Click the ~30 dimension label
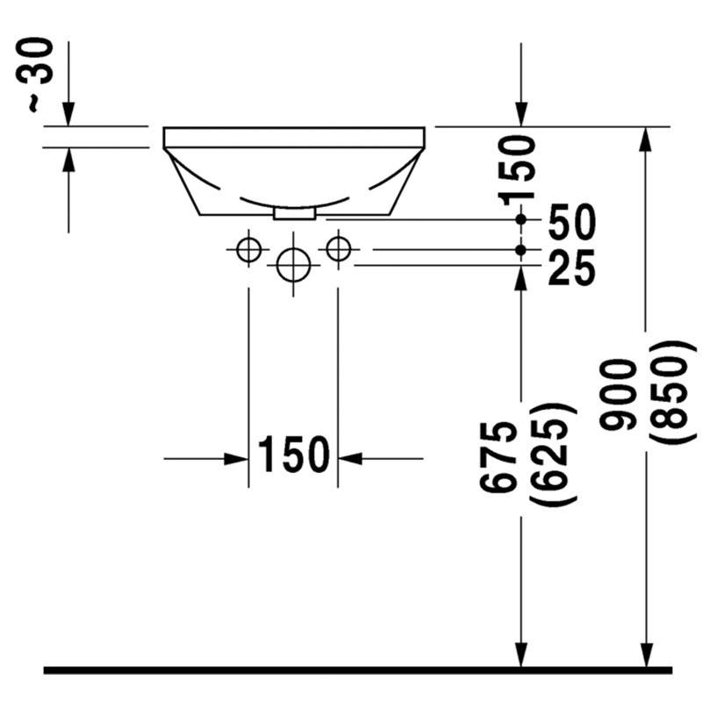tap(34, 75)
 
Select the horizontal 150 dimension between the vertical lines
tap(294, 455)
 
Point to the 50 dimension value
tap(572, 222)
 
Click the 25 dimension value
tap(572, 268)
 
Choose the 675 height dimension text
tap(498, 456)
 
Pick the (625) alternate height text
tap(552, 455)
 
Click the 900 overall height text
tap(619, 394)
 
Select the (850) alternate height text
tap(672, 392)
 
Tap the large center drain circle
tap(293, 265)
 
